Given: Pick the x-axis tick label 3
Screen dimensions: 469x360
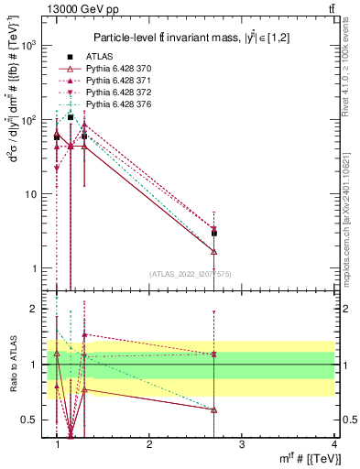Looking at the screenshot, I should coord(241,444).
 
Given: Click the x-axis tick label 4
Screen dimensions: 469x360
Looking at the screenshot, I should coord(333,444).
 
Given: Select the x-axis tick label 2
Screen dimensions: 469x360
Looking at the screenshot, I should coord(149,444).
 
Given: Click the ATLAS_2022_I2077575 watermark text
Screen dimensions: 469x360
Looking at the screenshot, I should coord(190,275).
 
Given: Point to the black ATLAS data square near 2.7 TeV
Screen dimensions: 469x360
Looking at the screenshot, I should coord(213,234).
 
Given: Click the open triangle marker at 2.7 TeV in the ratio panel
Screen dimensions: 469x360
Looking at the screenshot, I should coord(213,409).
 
